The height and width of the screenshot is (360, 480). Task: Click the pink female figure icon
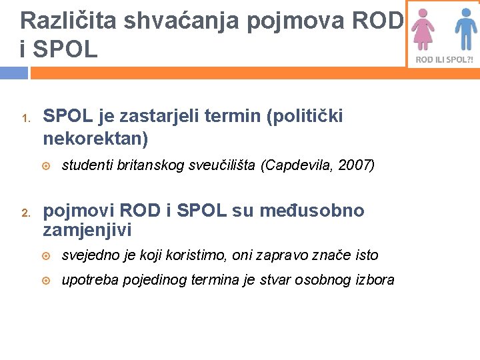tap(422, 30)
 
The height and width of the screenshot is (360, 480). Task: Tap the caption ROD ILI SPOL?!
tap(444, 59)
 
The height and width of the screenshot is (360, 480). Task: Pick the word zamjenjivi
tap(87, 231)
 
